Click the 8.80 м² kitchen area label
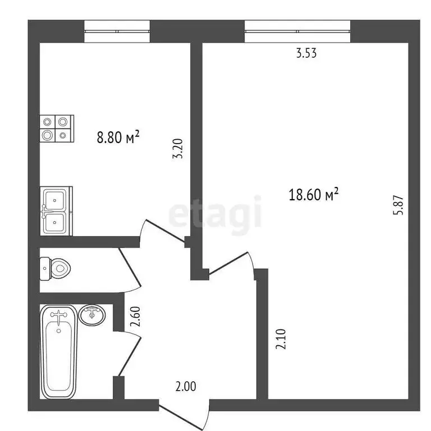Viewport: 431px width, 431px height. (x=118, y=137)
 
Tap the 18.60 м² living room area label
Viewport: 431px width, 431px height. (x=314, y=195)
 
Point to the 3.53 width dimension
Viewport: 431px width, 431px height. (x=306, y=54)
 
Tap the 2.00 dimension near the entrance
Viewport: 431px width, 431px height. (x=185, y=387)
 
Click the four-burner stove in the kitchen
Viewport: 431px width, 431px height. (x=56, y=127)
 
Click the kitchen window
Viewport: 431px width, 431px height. (x=117, y=31)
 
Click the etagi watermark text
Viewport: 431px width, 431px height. (x=216, y=212)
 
